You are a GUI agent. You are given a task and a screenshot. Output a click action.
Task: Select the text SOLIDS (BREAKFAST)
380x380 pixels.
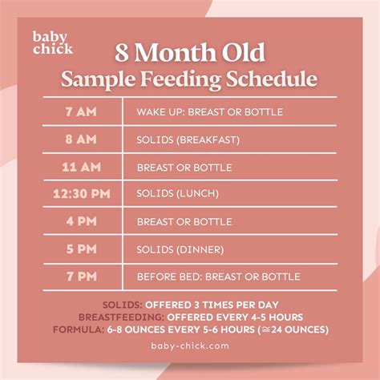(x=188, y=139)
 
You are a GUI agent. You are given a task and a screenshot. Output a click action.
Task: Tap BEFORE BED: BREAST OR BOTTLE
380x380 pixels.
(x=219, y=277)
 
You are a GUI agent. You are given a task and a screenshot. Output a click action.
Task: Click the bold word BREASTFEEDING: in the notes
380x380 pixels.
(x=119, y=317)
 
